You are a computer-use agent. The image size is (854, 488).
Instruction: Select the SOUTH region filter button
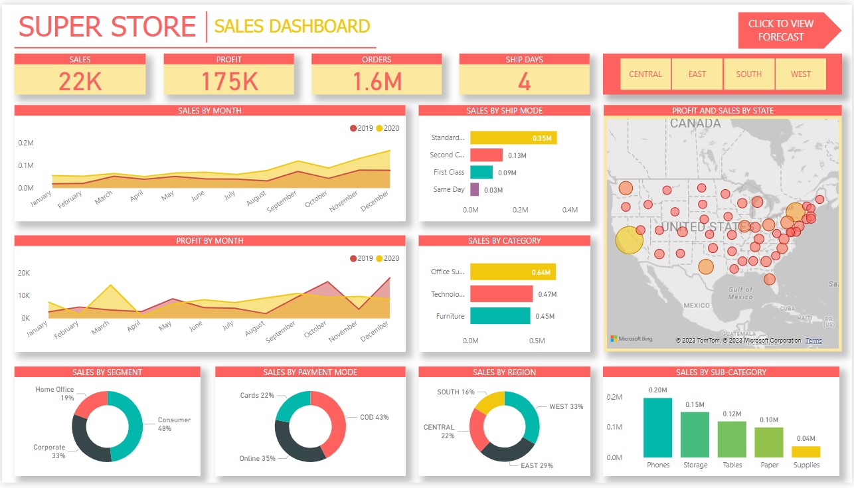[x=748, y=74]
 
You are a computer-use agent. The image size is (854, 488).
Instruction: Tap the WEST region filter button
[x=800, y=74]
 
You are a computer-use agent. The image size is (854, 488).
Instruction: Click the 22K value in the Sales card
[x=80, y=81]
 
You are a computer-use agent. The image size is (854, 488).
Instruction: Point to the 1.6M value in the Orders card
[x=377, y=81]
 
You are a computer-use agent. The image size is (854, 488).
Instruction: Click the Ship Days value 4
[x=524, y=81]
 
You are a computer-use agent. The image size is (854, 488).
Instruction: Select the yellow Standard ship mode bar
[x=513, y=138]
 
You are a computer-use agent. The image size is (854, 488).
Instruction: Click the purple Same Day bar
[x=474, y=190]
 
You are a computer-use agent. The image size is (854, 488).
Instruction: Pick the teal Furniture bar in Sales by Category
[x=500, y=316]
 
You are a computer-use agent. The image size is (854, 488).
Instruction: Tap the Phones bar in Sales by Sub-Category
[x=658, y=428]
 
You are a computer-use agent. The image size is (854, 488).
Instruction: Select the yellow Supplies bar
[x=806, y=451]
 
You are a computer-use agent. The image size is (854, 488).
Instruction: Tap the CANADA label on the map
[x=695, y=123]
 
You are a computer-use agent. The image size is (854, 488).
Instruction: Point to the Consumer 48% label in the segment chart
[x=174, y=424]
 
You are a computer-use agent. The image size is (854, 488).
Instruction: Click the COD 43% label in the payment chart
[x=374, y=417]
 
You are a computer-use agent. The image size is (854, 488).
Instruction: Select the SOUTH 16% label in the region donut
[x=456, y=392]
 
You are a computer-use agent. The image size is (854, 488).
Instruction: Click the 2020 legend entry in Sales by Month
[x=388, y=128]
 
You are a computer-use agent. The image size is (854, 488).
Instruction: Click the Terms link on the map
[x=813, y=341]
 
